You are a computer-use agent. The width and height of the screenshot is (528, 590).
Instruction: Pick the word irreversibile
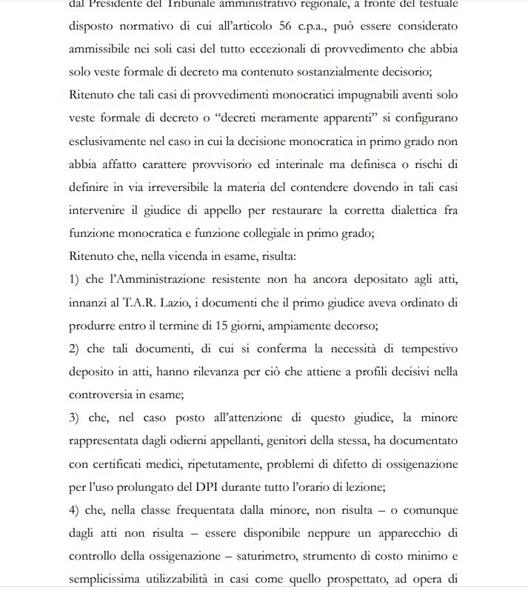pos(188,187)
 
